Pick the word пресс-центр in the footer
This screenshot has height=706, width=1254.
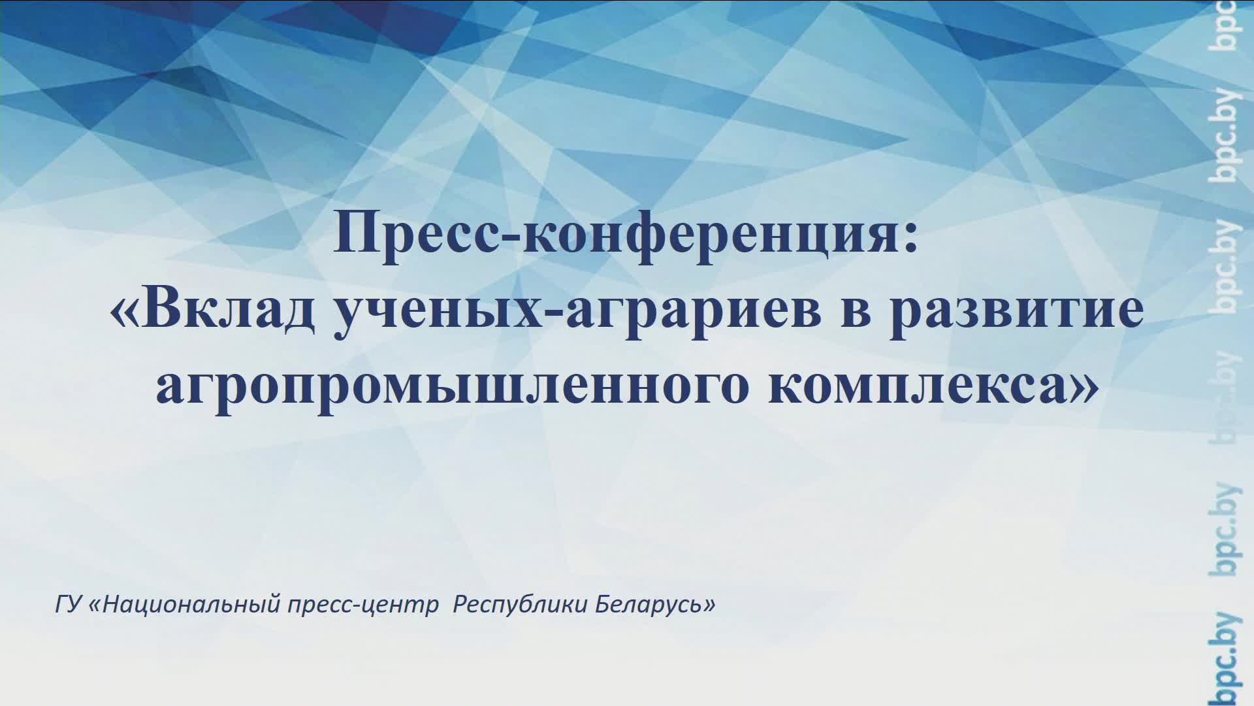tap(363, 604)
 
